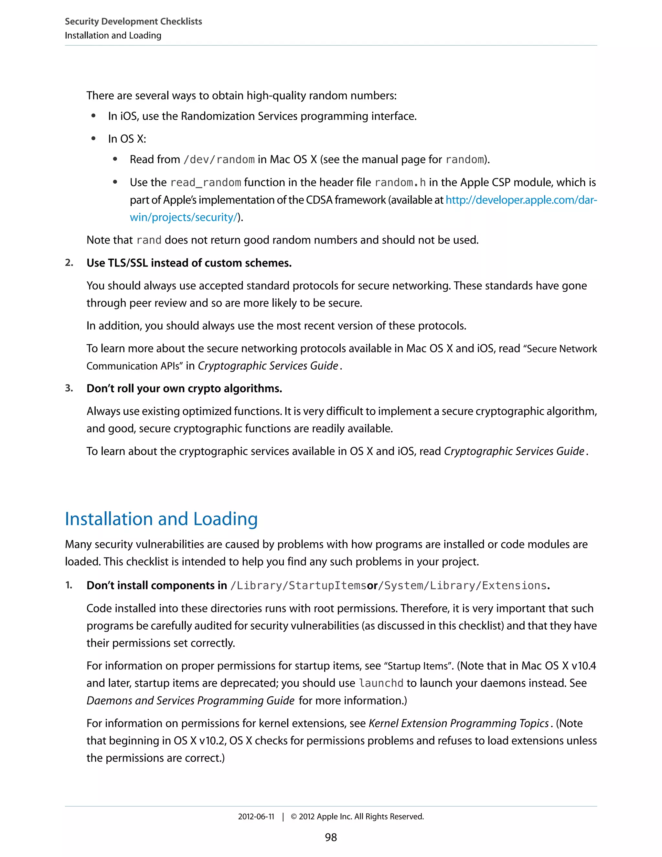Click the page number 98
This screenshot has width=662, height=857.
coord(331,837)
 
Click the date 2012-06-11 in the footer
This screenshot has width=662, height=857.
coord(256,817)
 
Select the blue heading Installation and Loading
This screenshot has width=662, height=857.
coord(161,519)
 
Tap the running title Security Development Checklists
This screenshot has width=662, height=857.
coord(133,22)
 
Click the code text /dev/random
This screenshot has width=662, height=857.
coord(219,160)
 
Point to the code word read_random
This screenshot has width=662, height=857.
coord(206,182)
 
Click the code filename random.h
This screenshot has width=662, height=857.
coord(400,182)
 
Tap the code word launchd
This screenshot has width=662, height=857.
coord(381,683)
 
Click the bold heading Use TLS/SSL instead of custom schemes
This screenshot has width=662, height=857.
coord(189,263)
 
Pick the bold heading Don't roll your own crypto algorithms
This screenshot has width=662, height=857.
coord(184,388)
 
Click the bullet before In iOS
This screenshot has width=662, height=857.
coord(93,116)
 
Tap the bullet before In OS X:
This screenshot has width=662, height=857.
coord(93,138)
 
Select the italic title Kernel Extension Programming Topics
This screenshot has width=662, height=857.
coord(458,723)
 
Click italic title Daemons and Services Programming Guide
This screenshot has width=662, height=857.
coord(190,700)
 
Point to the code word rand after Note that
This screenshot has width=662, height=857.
coord(149,240)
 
